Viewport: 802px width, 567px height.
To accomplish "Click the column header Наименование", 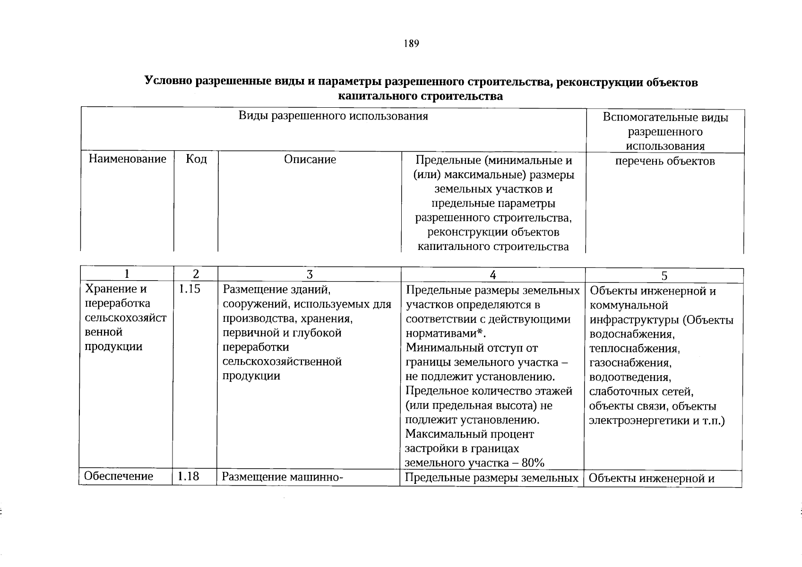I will [128, 159].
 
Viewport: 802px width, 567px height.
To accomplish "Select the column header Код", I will [196, 159].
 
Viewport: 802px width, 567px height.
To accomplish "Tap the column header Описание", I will [310, 160].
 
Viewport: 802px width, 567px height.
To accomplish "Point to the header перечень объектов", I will [664, 161].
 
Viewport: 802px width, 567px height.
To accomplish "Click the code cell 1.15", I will [189, 289].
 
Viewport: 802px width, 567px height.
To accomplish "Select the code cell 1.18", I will [188, 476].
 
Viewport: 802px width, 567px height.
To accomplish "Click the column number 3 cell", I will [310, 275].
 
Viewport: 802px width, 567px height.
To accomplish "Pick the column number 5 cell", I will [664, 276].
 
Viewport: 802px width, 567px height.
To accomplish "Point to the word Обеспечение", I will [119, 476].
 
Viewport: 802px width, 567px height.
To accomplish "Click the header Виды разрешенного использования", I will [333, 116].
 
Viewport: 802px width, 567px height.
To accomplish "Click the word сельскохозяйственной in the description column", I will [282, 362].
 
